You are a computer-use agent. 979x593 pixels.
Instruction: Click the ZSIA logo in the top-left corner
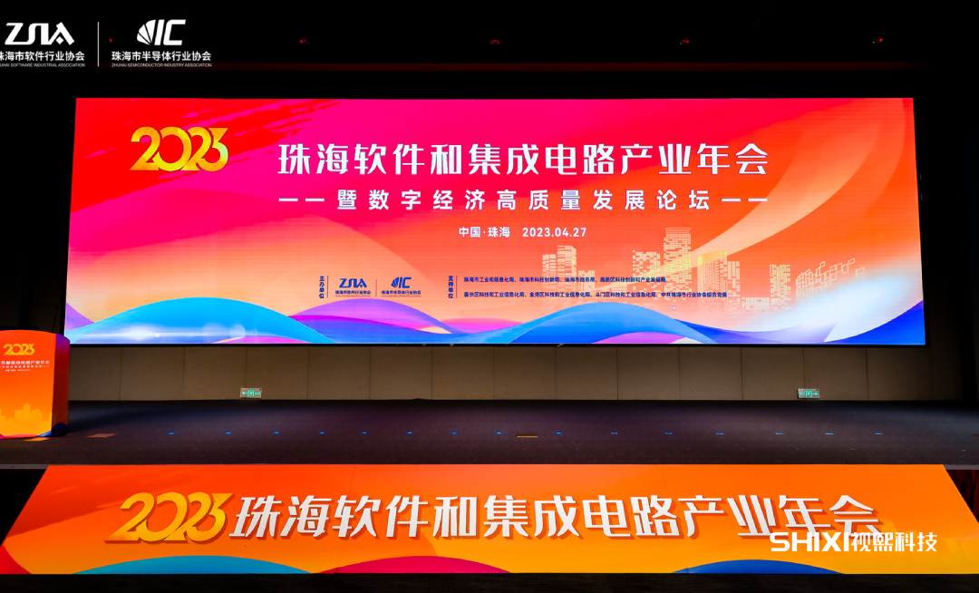(x=40, y=34)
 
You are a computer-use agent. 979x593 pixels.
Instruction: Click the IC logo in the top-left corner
(x=161, y=33)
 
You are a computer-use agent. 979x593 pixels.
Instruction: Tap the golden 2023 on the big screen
(x=179, y=150)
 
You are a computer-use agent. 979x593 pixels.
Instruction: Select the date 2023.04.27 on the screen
(x=554, y=231)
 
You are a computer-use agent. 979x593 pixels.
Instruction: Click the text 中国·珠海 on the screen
(x=484, y=231)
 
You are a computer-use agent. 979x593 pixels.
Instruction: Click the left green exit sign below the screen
(x=249, y=393)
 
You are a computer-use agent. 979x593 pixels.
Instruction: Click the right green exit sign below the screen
(x=806, y=393)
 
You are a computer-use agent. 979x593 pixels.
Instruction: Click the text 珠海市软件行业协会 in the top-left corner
(x=44, y=56)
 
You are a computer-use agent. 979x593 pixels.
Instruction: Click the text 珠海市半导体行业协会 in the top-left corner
(x=161, y=56)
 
